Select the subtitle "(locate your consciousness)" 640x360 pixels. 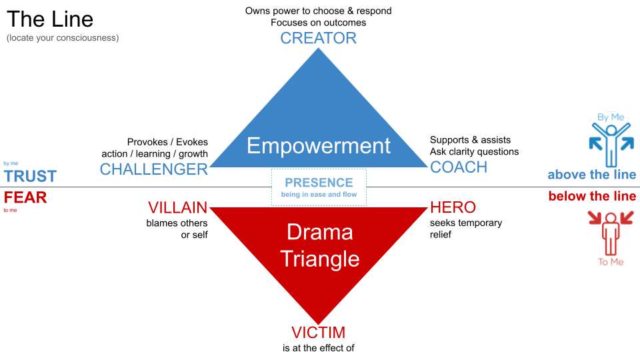pyautogui.click(x=63, y=38)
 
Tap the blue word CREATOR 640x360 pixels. pyautogui.click(x=318, y=38)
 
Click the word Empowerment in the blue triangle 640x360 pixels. pyautogui.click(x=319, y=145)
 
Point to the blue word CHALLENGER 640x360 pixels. pyautogui.click(x=154, y=169)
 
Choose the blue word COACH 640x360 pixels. pyautogui.click(x=459, y=167)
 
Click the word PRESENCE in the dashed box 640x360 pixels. pyautogui.click(x=319, y=183)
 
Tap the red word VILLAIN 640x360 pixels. pyautogui.click(x=178, y=207)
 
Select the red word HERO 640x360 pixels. pyautogui.click(x=453, y=207)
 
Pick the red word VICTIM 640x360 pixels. pyautogui.click(x=318, y=333)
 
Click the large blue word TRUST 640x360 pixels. pyautogui.click(x=30, y=177)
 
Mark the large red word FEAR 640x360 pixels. pyautogui.click(x=25, y=198)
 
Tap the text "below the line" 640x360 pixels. pyautogui.click(x=592, y=197)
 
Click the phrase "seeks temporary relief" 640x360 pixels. pyautogui.click(x=466, y=229)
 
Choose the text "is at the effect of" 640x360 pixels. pyautogui.click(x=318, y=348)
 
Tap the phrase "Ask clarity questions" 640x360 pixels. pyautogui.click(x=474, y=151)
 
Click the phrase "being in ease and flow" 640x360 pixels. pyautogui.click(x=319, y=195)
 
